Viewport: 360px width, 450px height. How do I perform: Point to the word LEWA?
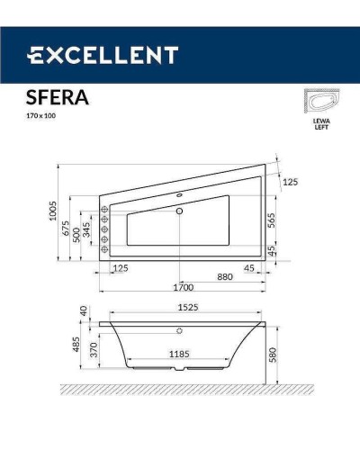pyautogui.click(x=319, y=120)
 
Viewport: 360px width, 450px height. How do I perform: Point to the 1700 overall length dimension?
pyautogui.click(x=183, y=289)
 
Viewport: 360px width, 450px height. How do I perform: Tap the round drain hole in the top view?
pyautogui.click(x=180, y=212)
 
